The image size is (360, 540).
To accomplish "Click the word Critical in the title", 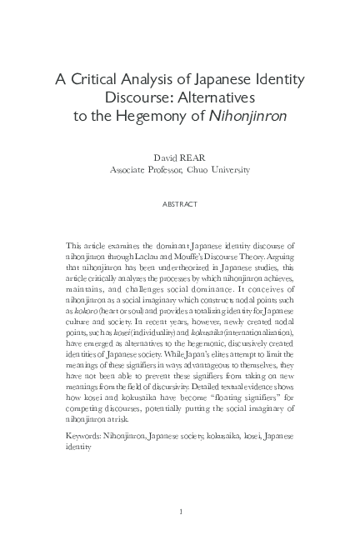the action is (100, 80).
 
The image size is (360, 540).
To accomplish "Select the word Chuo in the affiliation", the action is (210, 169).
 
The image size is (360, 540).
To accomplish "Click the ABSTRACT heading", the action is (180, 202).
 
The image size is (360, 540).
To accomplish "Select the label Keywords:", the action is (82, 436).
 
